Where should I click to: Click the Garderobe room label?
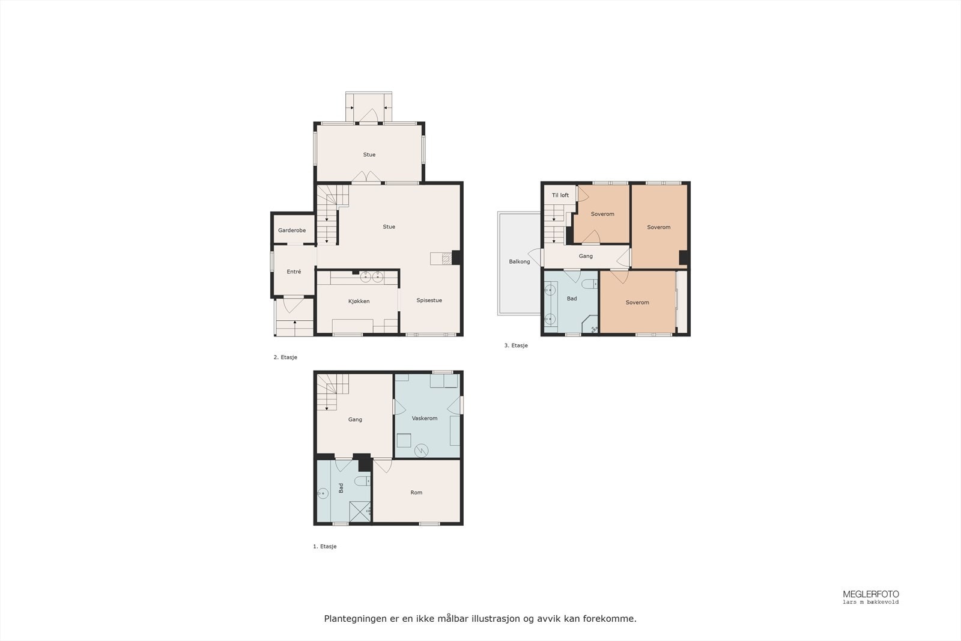(x=291, y=231)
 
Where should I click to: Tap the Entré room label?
(x=294, y=272)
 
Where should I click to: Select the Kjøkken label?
(x=359, y=302)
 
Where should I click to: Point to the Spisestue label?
(x=429, y=300)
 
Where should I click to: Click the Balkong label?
(x=519, y=262)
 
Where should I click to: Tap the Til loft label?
(x=560, y=195)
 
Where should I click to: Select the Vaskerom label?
(x=424, y=418)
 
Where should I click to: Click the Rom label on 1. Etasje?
(x=416, y=493)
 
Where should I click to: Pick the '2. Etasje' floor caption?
(x=285, y=357)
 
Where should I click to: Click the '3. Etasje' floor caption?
(x=516, y=346)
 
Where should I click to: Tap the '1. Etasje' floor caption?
(x=324, y=547)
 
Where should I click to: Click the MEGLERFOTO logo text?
(x=870, y=594)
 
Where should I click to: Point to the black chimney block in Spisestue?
(x=456, y=257)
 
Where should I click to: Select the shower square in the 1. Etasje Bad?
(x=360, y=511)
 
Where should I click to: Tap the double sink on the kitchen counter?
(x=371, y=277)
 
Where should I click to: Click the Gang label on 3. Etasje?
(x=586, y=257)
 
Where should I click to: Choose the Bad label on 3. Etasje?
(x=571, y=299)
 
